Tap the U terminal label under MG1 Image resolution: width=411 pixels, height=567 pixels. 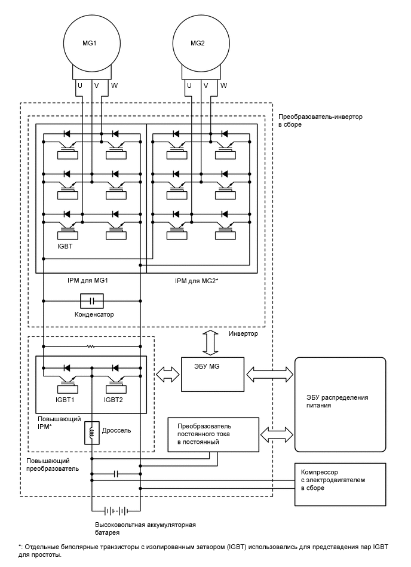pyautogui.click(x=79, y=85)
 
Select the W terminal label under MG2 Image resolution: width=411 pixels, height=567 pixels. pyautogui.click(x=223, y=85)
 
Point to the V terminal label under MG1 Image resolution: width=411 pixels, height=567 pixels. pyautogui.click(x=96, y=85)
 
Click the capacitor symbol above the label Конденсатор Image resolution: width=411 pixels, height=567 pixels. pyautogui.click(x=92, y=301)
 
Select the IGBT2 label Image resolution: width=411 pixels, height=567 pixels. pyautogui.click(x=114, y=400)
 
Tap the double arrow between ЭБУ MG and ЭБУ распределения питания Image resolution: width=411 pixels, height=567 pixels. pyautogui.click(x=269, y=374)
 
